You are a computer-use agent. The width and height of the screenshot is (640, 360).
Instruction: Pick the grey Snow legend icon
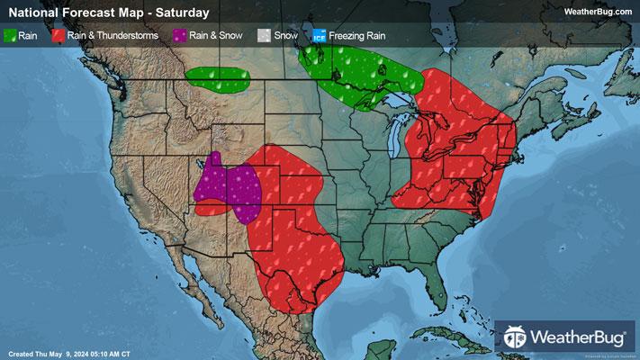pos(264,36)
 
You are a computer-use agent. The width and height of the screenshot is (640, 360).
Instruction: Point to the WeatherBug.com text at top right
pos(597,12)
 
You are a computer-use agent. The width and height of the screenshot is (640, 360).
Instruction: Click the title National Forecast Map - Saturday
pos(108,13)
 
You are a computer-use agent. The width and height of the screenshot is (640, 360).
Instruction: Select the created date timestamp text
pos(68,353)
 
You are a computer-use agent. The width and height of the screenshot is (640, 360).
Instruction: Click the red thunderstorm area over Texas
pos(297,261)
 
